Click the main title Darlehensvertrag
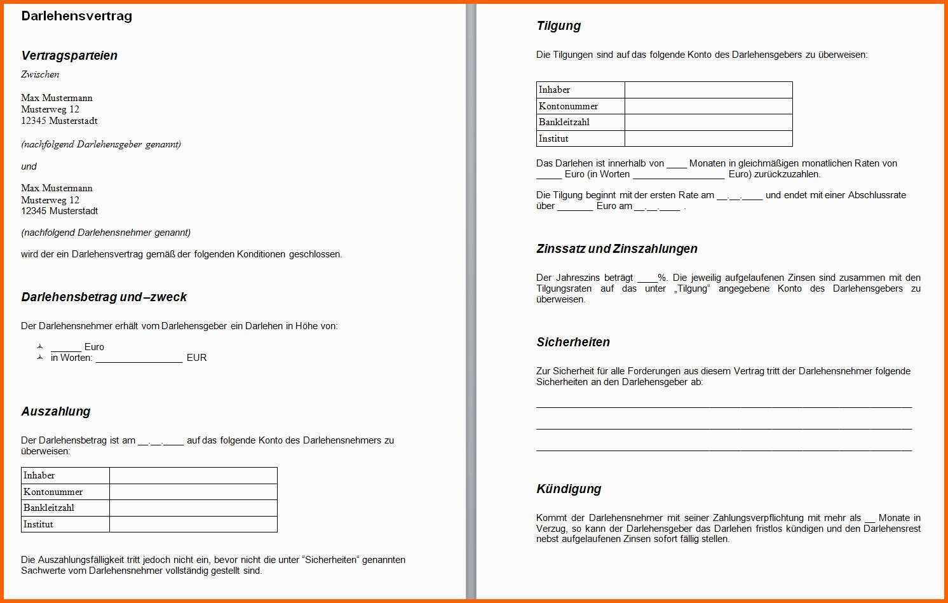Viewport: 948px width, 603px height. (x=76, y=17)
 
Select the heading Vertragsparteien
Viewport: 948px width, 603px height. (x=69, y=56)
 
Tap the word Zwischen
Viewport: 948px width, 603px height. (x=40, y=74)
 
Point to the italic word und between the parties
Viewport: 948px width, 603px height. (x=29, y=166)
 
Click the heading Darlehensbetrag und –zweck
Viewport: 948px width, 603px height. (x=104, y=297)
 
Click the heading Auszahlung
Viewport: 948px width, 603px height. (x=56, y=412)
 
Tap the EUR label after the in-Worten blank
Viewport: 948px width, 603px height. (x=196, y=358)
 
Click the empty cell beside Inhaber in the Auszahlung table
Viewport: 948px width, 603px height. (x=193, y=475)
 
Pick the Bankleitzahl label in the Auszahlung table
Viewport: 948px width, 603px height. (x=49, y=508)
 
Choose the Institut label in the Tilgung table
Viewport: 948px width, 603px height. (x=553, y=139)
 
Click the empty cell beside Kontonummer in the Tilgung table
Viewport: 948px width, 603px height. (x=708, y=106)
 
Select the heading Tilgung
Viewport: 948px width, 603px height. (x=559, y=26)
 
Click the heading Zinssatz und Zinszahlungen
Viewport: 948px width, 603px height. (x=616, y=249)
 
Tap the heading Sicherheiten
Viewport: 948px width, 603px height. (x=573, y=342)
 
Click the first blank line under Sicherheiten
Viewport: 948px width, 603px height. (x=724, y=405)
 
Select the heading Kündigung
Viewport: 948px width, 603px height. (x=569, y=489)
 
